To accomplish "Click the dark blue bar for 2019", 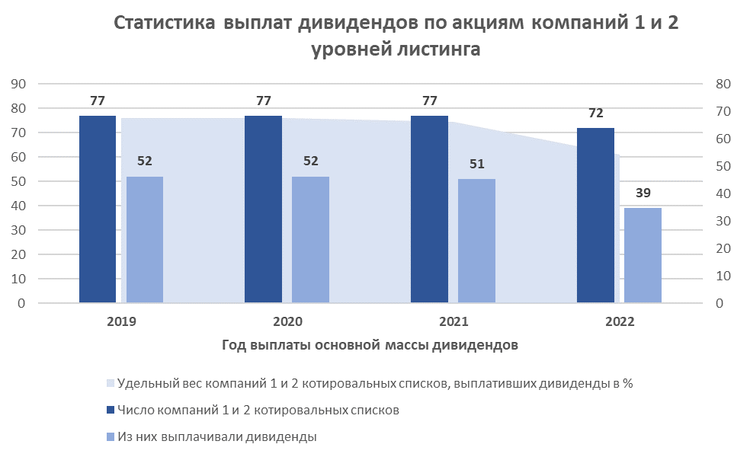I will pyautogui.click(x=98, y=209).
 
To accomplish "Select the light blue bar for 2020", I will pyautogui.click(x=310, y=240).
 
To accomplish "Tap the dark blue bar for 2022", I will pyautogui.click(x=595, y=216).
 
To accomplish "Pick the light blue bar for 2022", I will pyautogui.click(x=643, y=256).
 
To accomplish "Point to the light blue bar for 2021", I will pyautogui.click(x=476, y=241).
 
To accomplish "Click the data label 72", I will pyautogui.click(x=596, y=113).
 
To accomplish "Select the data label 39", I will pyautogui.click(x=643, y=193).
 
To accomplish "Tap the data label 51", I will pyautogui.click(x=476, y=165).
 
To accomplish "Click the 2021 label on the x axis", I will pyautogui.click(x=454, y=321).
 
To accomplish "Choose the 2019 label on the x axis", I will pyautogui.click(x=122, y=321).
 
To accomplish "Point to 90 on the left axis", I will pyautogui.click(x=18, y=84).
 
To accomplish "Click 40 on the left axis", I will pyautogui.click(x=18, y=206).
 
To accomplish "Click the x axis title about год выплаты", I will pyautogui.click(x=370, y=345).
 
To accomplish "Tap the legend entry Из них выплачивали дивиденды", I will pyautogui.click(x=217, y=436).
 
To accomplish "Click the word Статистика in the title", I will pyautogui.click(x=164, y=24).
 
